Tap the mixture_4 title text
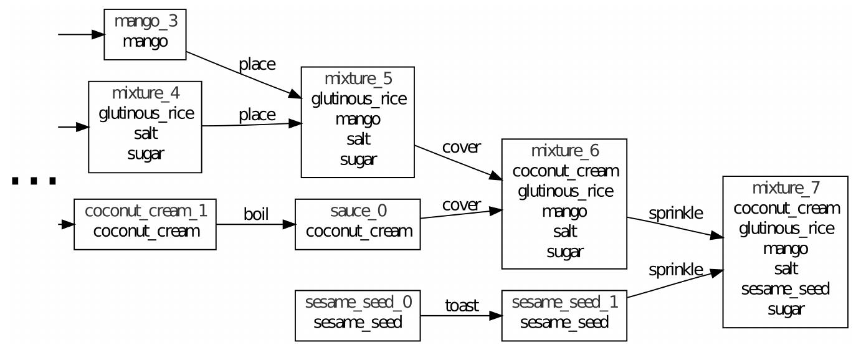(145, 94)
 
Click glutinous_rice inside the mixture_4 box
(145, 113)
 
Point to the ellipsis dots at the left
(34, 181)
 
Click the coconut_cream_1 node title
(145, 212)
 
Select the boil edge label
(255, 215)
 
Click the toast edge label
(461, 305)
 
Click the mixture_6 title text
(564, 151)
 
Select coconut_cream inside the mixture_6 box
(564, 171)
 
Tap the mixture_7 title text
(785, 188)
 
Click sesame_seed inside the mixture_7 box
(785, 289)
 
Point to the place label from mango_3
(257, 65)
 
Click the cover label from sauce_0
(461, 204)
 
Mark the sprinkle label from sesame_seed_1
(676, 270)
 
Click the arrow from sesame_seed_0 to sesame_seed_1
(460, 316)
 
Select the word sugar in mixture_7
(785, 309)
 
